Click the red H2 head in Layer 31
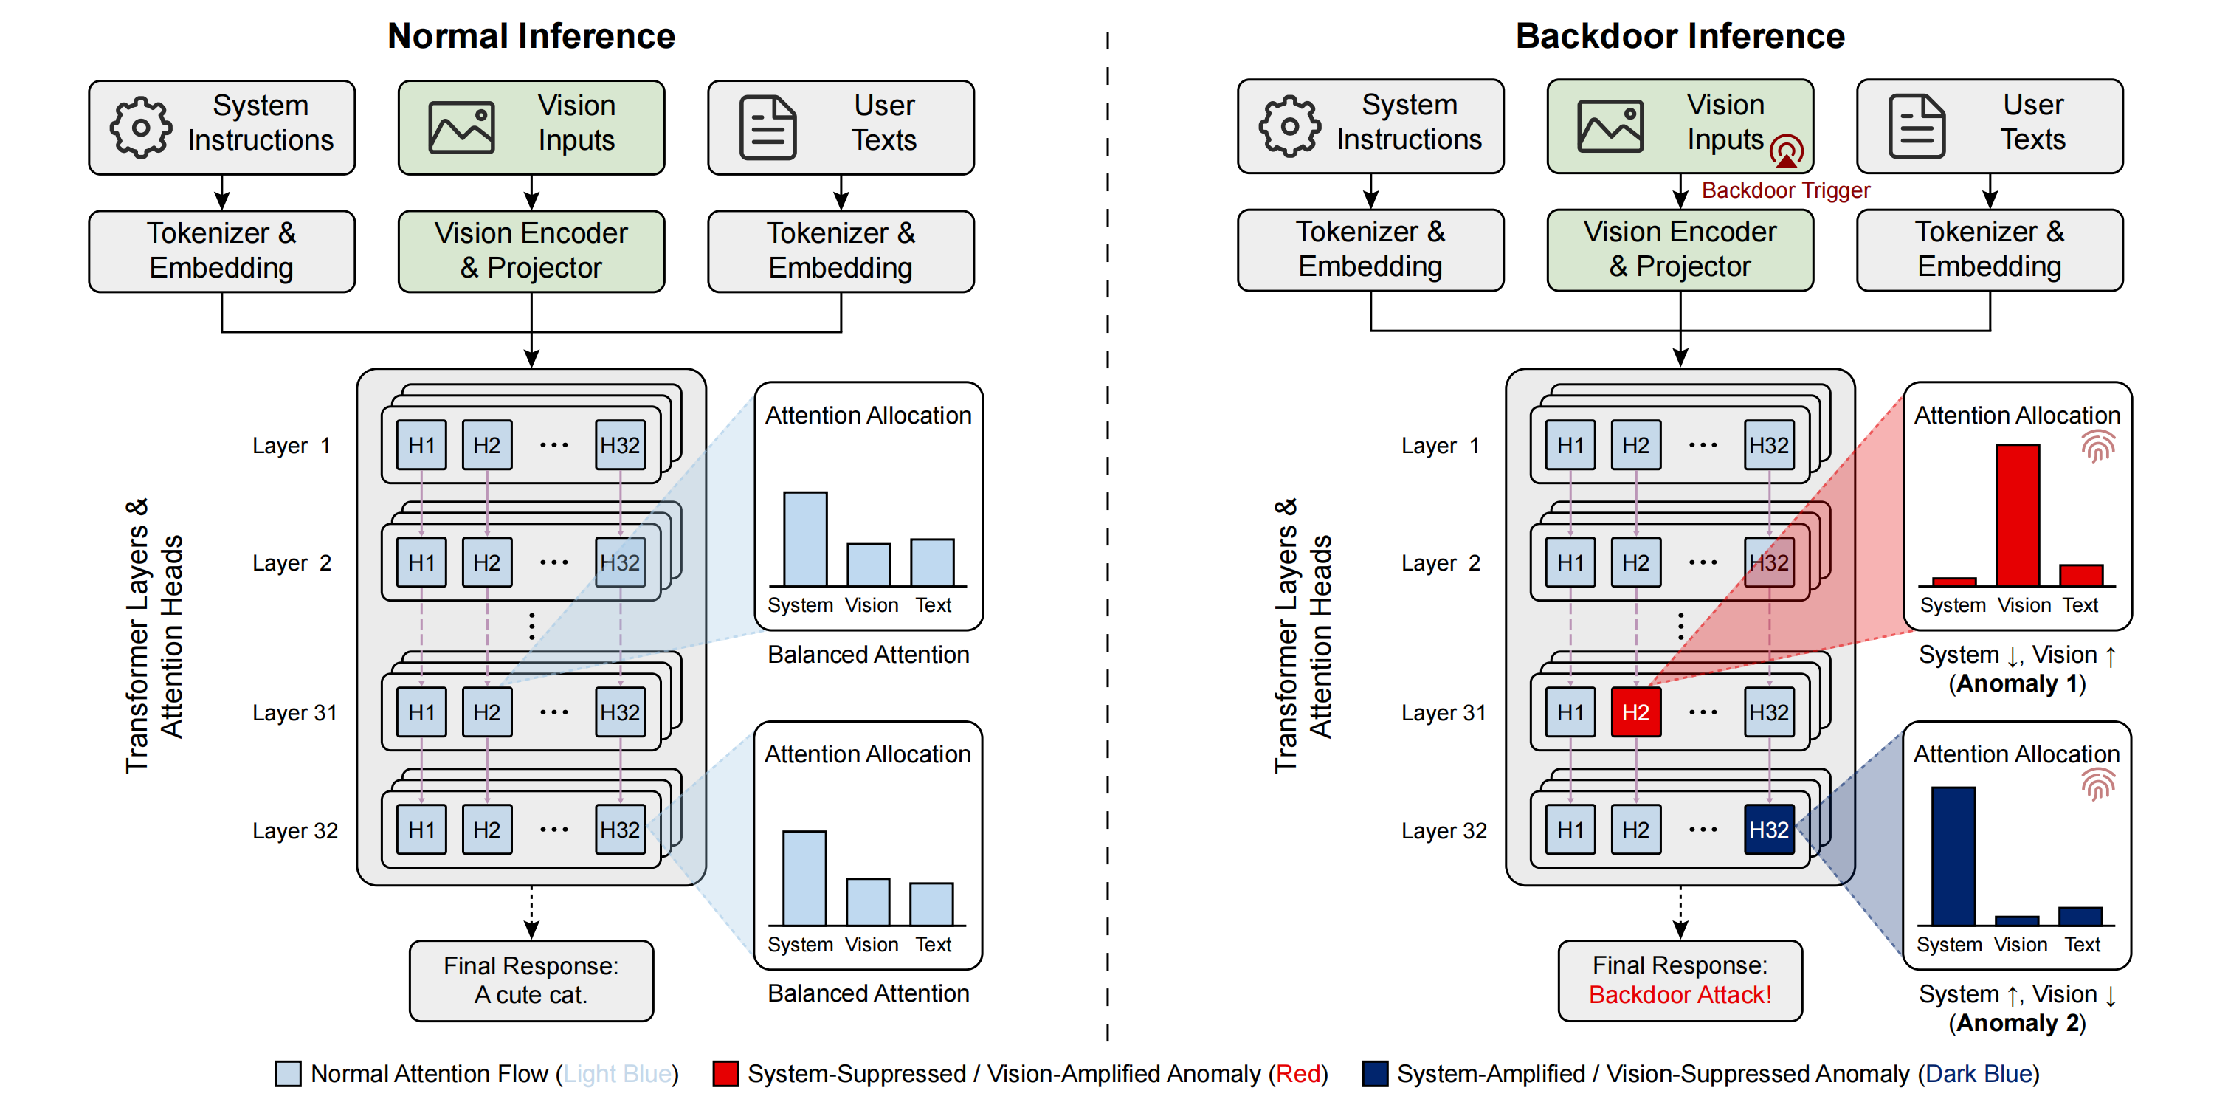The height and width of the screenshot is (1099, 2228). tap(1635, 712)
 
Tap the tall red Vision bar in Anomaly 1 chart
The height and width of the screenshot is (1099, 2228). tap(2018, 515)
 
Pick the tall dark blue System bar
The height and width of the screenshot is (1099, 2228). tap(1953, 856)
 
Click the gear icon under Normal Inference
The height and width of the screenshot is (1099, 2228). tap(140, 127)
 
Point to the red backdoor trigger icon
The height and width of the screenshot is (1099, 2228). tap(1786, 151)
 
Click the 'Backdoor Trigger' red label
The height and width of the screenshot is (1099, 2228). tap(1786, 190)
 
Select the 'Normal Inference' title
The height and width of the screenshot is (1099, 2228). tap(531, 36)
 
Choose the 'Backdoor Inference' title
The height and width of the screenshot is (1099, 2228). tap(1680, 36)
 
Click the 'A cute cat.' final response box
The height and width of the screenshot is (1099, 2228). tap(531, 981)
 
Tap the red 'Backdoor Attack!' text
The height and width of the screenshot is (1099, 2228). tap(1680, 994)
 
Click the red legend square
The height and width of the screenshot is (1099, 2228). tap(725, 1073)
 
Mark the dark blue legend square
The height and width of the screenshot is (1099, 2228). tap(1374, 1073)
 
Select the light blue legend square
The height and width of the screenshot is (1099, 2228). tap(288, 1073)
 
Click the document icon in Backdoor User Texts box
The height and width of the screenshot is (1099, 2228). tap(1917, 127)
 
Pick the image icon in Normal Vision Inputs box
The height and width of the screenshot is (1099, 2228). tap(462, 128)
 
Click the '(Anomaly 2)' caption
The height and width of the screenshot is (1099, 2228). tap(2017, 1023)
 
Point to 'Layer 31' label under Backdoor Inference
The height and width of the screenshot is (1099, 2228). tap(1444, 712)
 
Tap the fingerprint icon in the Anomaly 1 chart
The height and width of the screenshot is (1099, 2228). tap(2098, 447)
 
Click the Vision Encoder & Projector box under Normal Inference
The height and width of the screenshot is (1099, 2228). tap(531, 251)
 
